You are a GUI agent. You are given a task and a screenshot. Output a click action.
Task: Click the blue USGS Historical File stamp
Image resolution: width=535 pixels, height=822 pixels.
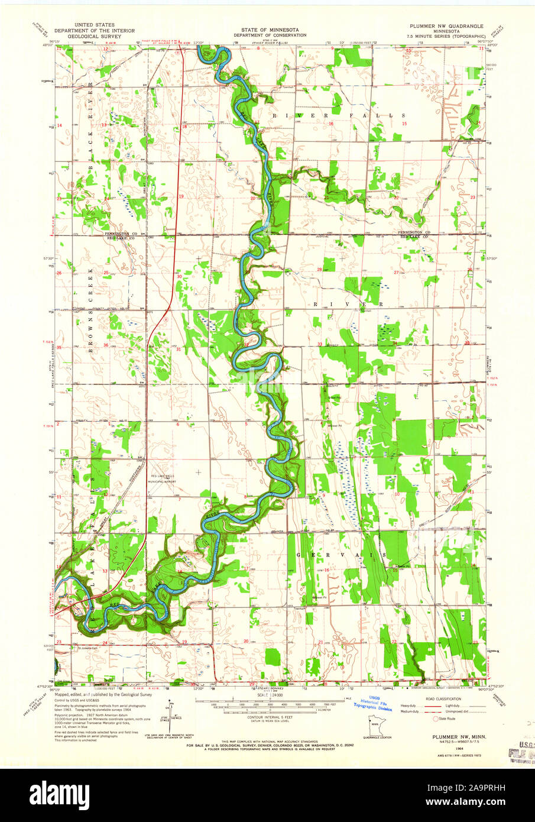pyautogui.click(x=372, y=703)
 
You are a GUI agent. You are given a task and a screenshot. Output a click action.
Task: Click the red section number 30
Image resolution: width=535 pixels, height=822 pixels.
pyautogui.click(x=179, y=277)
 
